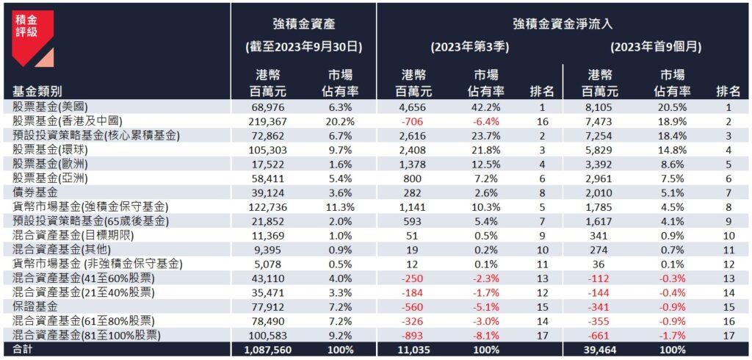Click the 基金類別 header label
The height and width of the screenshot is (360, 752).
(x=37, y=91)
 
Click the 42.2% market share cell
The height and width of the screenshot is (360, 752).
(x=484, y=107)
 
